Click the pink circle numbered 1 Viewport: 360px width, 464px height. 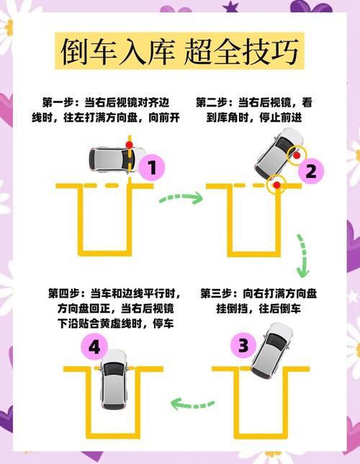[152, 169]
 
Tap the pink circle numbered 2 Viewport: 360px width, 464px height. [311, 171]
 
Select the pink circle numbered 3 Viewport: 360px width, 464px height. [243, 345]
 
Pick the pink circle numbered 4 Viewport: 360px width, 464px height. [94, 348]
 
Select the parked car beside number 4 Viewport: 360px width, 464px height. [114, 379]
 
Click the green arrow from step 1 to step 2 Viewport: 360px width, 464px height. [180, 196]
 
